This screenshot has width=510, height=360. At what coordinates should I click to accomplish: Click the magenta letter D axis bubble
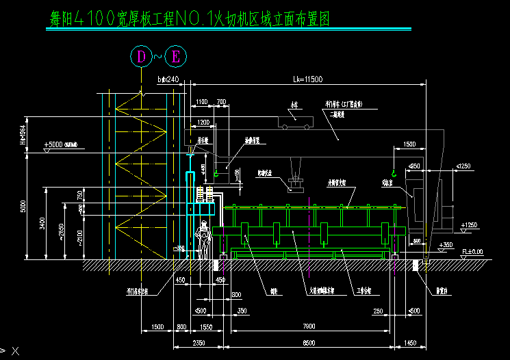click(141, 57)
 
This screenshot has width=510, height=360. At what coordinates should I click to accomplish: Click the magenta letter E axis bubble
click(175, 57)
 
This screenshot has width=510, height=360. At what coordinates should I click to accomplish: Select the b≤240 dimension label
click(168, 79)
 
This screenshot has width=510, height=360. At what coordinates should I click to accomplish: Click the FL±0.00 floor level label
click(472, 252)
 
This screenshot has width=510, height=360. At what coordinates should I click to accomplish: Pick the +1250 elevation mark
click(470, 224)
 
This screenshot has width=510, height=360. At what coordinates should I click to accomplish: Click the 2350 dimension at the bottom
click(181, 342)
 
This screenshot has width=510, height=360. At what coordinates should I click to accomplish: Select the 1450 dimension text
click(409, 342)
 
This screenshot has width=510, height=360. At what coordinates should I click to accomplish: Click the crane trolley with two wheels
click(296, 121)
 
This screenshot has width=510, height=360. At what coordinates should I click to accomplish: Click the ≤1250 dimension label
click(463, 166)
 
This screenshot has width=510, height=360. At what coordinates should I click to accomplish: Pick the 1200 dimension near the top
click(203, 122)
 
